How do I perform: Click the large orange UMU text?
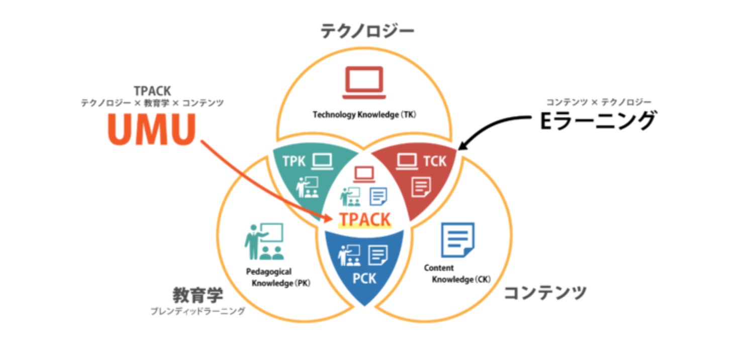click(151, 130)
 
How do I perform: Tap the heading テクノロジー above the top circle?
click(367, 32)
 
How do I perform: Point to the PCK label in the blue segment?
click(364, 278)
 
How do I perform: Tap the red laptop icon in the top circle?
click(364, 82)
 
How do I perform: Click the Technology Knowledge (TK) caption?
click(364, 115)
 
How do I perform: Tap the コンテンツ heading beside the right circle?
click(545, 292)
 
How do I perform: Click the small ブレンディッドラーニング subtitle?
click(198, 312)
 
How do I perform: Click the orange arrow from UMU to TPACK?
click(261, 181)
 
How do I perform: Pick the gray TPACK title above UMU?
click(152, 91)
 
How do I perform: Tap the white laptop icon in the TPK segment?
click(322, 161)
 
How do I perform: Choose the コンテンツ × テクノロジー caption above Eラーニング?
click(598, 103)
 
